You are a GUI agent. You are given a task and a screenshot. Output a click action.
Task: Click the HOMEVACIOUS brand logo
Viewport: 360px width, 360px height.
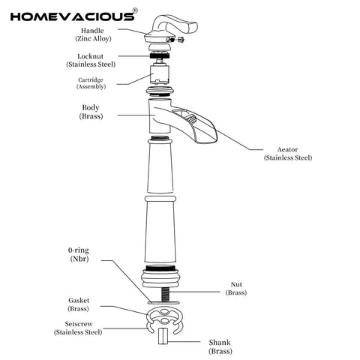73,16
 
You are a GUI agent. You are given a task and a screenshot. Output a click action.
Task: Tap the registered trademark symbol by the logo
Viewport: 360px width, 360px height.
135,10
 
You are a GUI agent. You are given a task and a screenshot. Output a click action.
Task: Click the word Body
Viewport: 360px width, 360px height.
91,107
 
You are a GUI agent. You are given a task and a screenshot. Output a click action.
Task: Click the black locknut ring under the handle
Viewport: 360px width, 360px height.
160,55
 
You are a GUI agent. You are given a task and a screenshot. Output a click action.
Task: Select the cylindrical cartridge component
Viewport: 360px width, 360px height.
160,74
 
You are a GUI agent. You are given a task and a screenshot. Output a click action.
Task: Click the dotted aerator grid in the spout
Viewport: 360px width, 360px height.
191,118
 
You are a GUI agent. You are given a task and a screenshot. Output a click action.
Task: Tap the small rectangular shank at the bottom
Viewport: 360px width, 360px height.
163,336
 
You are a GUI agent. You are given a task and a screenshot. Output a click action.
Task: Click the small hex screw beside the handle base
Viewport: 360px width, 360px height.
181,40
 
